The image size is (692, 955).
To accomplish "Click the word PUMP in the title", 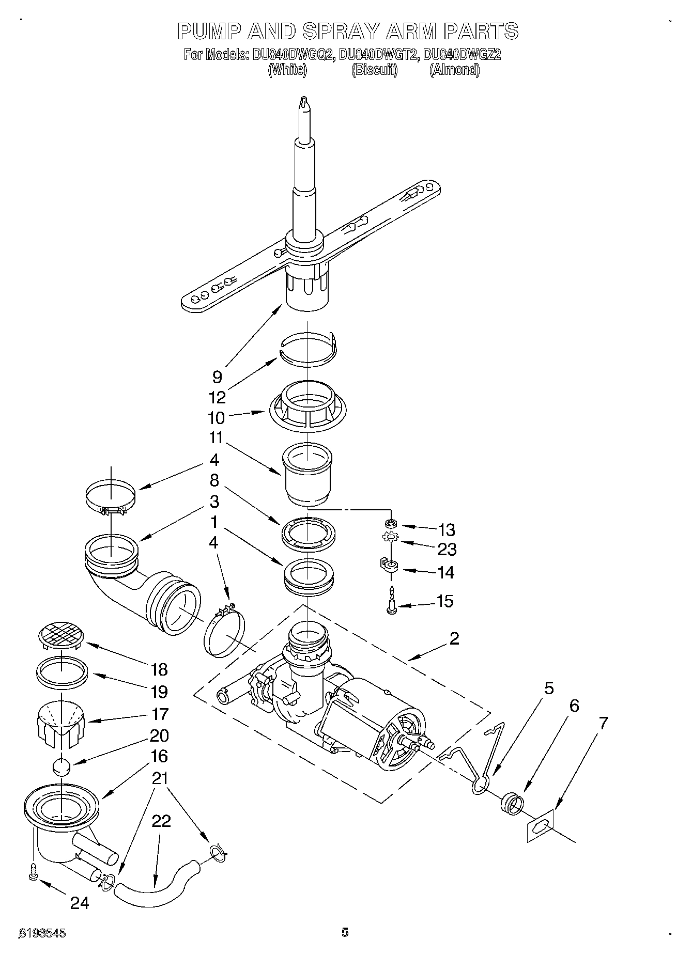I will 208,32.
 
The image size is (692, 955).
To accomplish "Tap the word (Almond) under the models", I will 454,70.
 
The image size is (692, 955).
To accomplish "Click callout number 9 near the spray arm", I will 217,377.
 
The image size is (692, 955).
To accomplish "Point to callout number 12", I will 217,397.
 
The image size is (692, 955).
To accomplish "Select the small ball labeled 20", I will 61,766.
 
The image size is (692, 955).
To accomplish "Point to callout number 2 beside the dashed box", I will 454,639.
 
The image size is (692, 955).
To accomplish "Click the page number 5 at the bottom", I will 345,932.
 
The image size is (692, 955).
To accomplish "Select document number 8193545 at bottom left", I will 42,933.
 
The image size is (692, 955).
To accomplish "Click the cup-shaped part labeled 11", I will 307,474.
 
